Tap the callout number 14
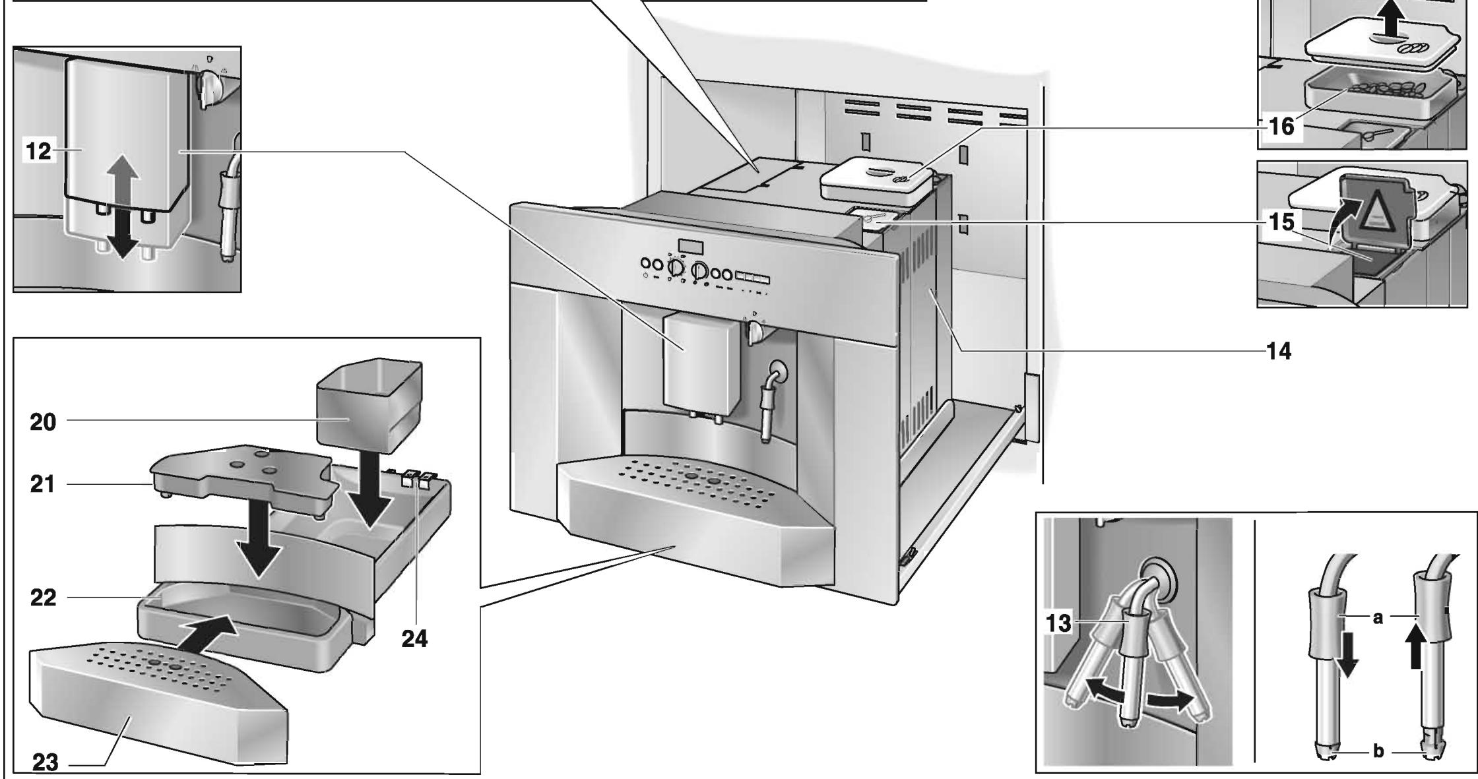click(x=1279, y=352)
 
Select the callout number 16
click(x=1281, y=127)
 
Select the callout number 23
click(x=44, y=763)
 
